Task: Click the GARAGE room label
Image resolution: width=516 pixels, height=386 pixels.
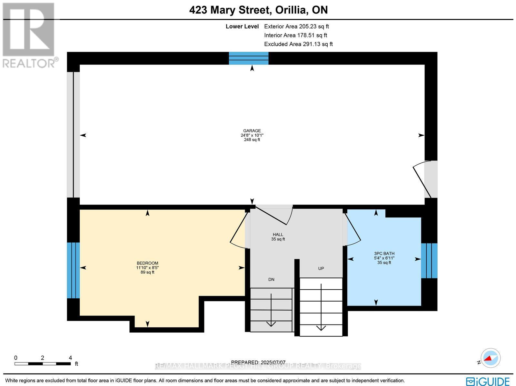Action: coord(252,131)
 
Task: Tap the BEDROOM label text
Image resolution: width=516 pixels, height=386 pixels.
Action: coord(147,263)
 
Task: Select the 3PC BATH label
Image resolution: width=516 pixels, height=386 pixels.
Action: coord(384,254)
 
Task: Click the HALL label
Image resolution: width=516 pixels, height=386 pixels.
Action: coord(278,235)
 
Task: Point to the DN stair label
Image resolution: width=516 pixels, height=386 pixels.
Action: coord(271,279)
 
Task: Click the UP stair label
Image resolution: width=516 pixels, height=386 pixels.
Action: coord(321,268)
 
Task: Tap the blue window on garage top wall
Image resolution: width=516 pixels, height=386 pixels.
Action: coord(248,58)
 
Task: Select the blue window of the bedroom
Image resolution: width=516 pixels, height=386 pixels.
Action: coord(73,270)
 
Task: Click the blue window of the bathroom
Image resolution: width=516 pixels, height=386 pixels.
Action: coord(429,261)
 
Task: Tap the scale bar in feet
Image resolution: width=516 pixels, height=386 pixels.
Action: coord(42,363)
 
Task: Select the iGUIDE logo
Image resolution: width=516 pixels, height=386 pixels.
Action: coord(488,381)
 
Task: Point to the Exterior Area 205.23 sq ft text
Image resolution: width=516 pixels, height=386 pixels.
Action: coord(296,27)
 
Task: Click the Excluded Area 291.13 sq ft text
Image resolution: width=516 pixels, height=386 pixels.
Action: coord(298,44)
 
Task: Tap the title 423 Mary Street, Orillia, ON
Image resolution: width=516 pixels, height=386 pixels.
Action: coord(258,10)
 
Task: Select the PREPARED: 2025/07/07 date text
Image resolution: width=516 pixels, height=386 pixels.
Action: coord(258,362)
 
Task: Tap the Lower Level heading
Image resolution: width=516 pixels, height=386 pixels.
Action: coord(242,27)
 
